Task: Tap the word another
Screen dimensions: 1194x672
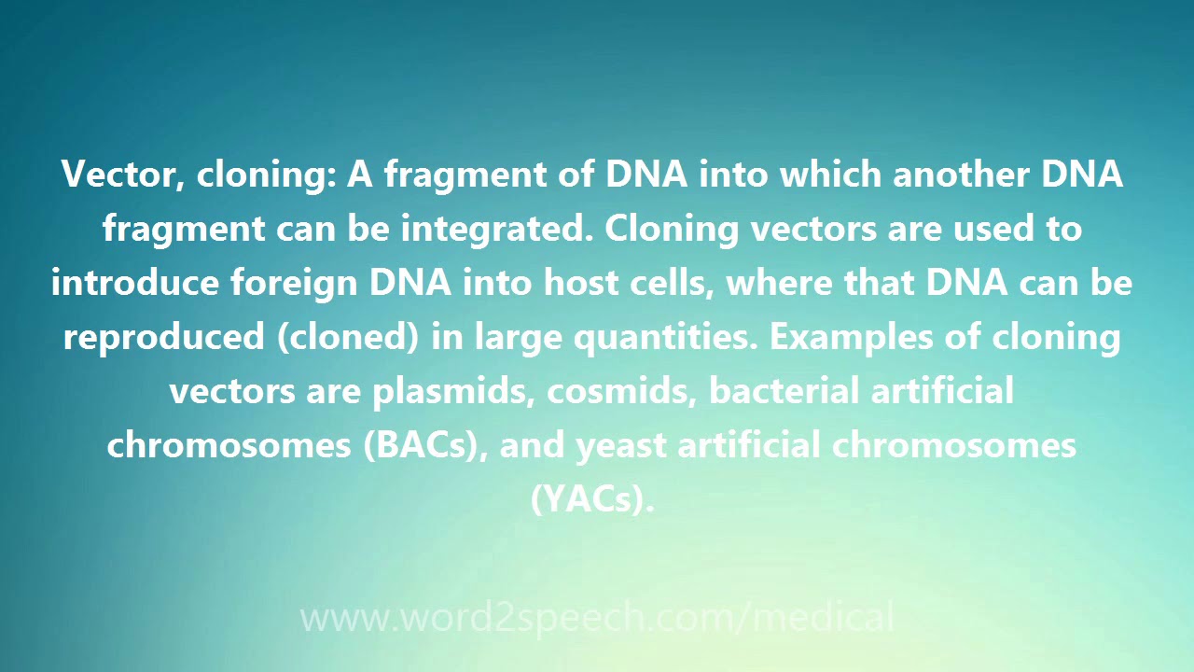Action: [961, 175]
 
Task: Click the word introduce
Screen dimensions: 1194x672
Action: [135, 282]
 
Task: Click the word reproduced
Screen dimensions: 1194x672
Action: [163, 338]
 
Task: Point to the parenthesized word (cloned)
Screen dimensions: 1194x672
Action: [348, 338]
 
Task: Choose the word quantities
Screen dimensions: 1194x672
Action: [665, 338]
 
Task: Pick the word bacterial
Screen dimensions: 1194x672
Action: [784, 390]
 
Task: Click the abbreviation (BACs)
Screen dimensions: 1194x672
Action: [425, 446]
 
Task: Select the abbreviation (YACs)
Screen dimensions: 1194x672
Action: [591, 499]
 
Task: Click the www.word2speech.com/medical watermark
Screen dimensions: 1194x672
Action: [597, 618]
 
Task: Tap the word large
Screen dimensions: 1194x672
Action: [518, 338]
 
